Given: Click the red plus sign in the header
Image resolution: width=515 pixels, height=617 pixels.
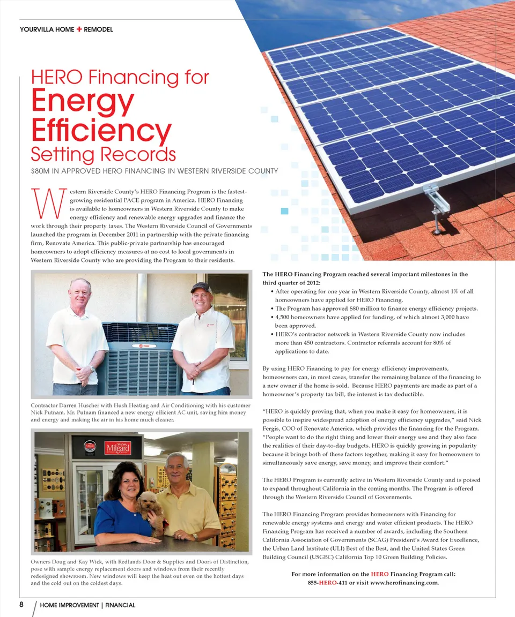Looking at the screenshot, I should click(x=79, y=29).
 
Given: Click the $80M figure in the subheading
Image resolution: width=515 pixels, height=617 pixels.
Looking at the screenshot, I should click(x=41, y=171).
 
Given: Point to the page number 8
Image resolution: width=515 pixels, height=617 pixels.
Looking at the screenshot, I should click(x=21, y=605).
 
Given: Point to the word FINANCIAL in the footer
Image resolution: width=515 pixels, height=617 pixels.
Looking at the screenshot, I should click(x=120, y=605).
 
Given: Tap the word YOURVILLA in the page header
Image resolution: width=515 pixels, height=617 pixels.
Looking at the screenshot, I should click(x=37, y=29).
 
